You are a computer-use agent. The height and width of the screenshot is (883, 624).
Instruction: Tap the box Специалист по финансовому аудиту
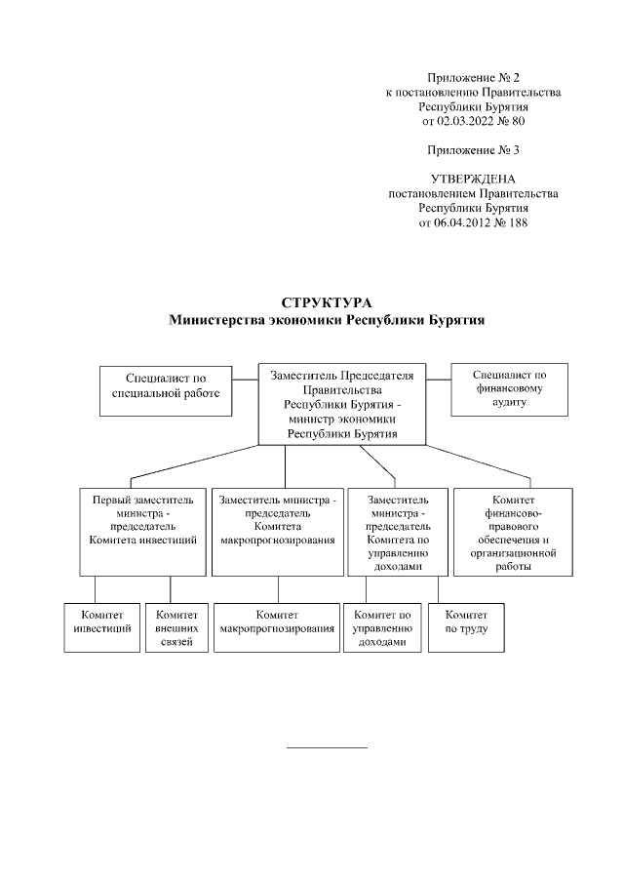pyautogui.click(x=509, y=388)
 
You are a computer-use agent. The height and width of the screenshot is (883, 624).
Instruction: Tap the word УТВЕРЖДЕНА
pyautogui.click(x=473, y=179)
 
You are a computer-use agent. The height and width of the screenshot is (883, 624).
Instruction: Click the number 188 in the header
pyautogui.click(x=517, y=222)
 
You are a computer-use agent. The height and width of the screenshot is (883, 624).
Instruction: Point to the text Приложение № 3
pyautogui.click(x=473, y=149)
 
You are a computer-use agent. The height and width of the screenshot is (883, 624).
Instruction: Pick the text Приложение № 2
pyautogui.click(x=473, y=77)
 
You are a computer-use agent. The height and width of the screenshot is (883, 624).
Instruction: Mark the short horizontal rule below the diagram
pyautogui.click(x=327, y=747)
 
